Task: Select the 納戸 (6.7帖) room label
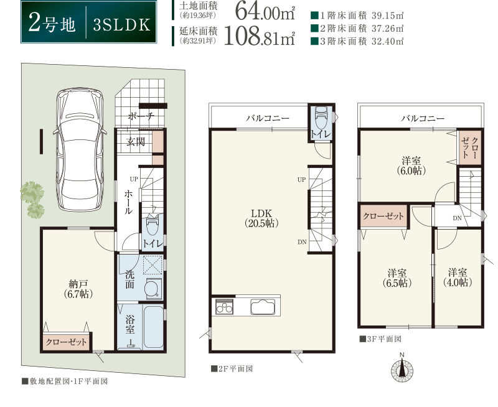click(78, 289)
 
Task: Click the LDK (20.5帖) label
click(261, 218)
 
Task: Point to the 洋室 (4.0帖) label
click(458, 278)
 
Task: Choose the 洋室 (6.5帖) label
click(397, 278)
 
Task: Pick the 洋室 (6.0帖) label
click(411, 166)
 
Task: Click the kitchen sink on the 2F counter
click(263, 306)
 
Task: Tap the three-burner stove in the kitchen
click(225, 307)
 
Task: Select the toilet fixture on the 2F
click(321, 117)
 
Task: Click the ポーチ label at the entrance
click(141, 116)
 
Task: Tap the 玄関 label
click(136, 142)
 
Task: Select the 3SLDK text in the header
click(121, 25)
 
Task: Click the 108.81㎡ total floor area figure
click(260, 37)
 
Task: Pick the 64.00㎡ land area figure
click(265, 12)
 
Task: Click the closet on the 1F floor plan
click(66, 342)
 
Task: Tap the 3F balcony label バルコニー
click(423, 119)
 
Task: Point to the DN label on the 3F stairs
click(457, 218)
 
